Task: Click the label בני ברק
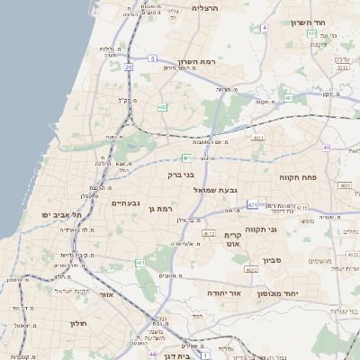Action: [181, 175]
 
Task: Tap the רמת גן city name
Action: [157, 209]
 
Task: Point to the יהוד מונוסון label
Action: [301, 293]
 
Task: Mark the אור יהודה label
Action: [224, 293]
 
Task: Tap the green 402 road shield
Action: [162, 107]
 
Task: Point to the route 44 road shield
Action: [153, 355]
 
